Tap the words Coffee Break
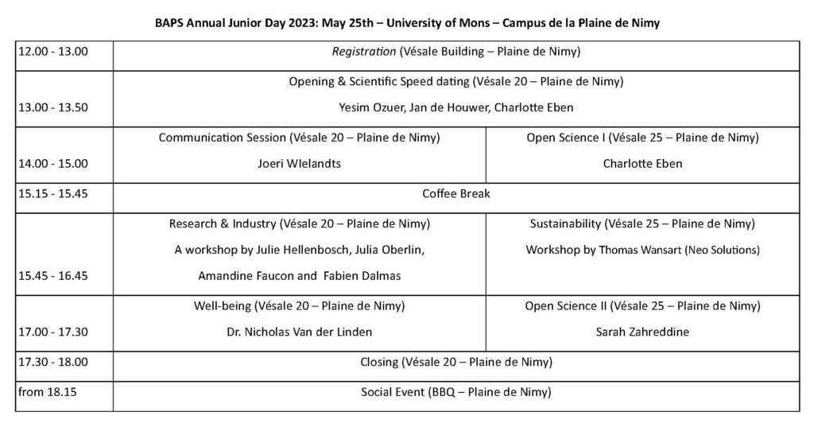(x=456, y=193)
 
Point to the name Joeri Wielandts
(x=299, y=164)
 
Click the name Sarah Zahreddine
(x=642, y=332)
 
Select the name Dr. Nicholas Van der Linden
(x=299, y=332)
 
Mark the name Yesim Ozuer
(x=366, y=108)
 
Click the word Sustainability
(x=566, y=223)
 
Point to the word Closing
(x=379, y=363)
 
